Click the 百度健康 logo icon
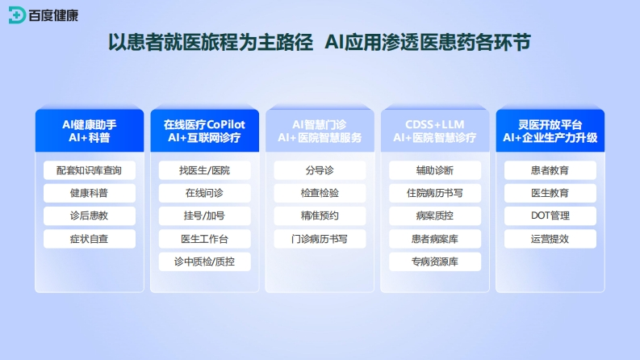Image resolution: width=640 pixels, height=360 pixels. click(x=17, y=15)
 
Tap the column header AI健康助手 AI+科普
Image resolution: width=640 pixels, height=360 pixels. click(x=90, y=131)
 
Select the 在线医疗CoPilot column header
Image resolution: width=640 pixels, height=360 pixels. click(x=204, y=131)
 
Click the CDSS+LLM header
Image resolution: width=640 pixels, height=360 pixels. click(x=435, y=131)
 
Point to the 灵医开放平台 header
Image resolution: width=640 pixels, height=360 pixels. click(x=550, y=131)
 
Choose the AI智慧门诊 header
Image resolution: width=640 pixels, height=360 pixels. click(x=320, y=131)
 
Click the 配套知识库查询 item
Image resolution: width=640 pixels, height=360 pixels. click(x=90, y=170)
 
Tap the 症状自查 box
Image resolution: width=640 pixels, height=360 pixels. click(x=90, y=239)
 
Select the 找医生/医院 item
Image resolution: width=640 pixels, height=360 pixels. click(x=204, y=170)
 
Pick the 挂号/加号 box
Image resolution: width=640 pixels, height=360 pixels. click(x=204, y=216)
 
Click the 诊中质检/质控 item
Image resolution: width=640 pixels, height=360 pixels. click(x=204, y=262)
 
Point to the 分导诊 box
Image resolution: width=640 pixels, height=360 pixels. click(x=320, y=170)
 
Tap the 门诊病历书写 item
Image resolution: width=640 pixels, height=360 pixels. click(x=320, y=239)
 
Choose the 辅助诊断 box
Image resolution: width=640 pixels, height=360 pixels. click(x=435, y=170)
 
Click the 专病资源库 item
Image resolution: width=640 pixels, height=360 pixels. click(x=435, y=262)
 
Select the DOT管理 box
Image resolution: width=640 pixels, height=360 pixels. click(x=550, y=216)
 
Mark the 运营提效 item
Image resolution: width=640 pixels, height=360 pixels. click(x=550, y=239)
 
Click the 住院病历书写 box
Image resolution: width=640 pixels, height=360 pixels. click(x=435, y=193)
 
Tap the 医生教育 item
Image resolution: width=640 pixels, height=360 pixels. click(x=550, y=193)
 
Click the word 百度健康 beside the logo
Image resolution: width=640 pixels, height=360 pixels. click(x=53, y=15)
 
